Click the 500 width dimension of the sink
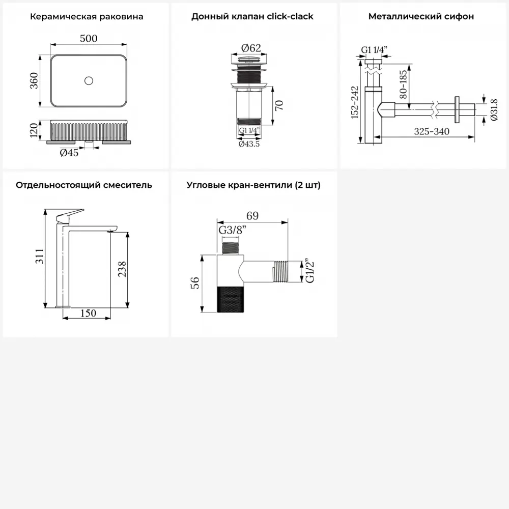point(88,38)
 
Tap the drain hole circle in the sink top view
point(89,80)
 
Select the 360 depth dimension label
point(34,80)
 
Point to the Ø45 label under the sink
point(69,153)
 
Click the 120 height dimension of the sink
point(34,130)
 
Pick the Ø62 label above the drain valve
point(251,48)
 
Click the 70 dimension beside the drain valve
point(279,105)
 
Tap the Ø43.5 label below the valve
point(249,144)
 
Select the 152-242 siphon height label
point(355,102)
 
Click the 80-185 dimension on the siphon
point(403,84)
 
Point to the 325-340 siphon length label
point(432,131)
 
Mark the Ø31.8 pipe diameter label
point(494,110)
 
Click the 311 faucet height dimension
point(39,256)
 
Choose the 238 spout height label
point(122,269)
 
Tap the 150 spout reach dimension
point(88,313)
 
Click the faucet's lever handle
point(70,215)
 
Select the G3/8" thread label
point(233,230)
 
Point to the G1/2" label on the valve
point(310,271)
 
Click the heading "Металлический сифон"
point(421,16)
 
